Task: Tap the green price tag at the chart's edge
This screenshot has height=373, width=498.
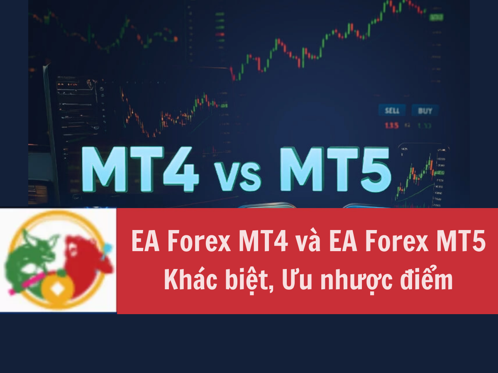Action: (x=435, y=17)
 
